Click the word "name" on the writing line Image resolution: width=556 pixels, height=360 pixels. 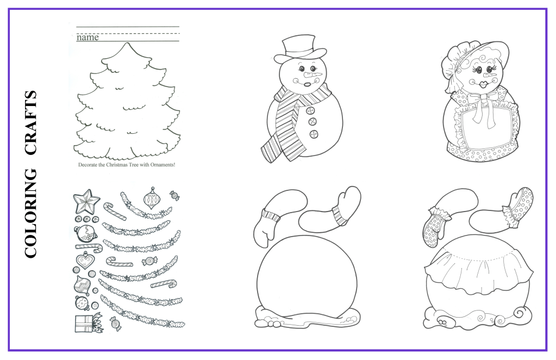point(88,37)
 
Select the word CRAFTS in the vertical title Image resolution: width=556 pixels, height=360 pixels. point(31,123)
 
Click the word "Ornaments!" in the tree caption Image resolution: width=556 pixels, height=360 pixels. point(163,165)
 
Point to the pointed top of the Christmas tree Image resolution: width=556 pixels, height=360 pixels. point(128,42)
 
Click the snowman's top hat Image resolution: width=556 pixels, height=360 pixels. point(299,49)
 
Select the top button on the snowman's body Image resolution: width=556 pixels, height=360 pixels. point(311,110)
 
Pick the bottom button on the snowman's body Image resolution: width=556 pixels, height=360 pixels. point(314,134)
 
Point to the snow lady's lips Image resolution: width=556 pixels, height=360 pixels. point(484,85)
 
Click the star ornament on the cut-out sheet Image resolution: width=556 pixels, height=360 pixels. point(86,201)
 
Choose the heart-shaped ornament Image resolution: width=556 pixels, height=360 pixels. point(85,260)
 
